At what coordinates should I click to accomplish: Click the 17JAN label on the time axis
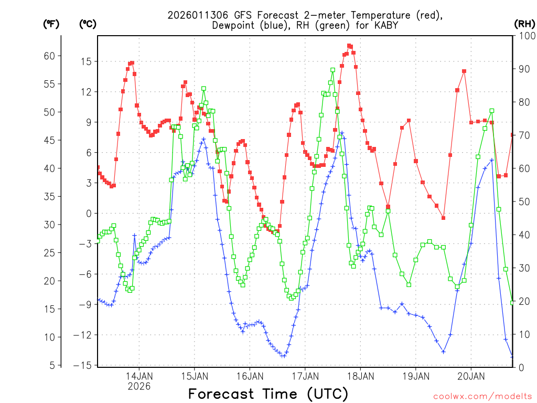pos(305,376)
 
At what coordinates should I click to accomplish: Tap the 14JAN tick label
pos(139,376)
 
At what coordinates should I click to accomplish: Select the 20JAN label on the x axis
pos(471,376)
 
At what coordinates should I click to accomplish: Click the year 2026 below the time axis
pos(139,386)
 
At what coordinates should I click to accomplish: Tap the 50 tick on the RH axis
pos(523,201)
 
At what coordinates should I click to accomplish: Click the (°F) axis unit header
pos(51,24)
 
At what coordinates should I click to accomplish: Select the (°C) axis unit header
pos(88,24)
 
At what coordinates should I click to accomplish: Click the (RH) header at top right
pos(524,24)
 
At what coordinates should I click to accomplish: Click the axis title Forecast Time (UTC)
pos(268,394)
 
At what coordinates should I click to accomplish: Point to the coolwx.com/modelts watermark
pos(482,396)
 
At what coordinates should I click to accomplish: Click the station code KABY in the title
pos(386,25)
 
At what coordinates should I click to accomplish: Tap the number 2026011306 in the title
pos(196,15)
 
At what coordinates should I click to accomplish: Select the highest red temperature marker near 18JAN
pos(349,46)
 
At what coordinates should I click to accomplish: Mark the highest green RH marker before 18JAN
pos(332,70)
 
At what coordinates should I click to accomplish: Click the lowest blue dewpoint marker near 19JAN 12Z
pos(443,352)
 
